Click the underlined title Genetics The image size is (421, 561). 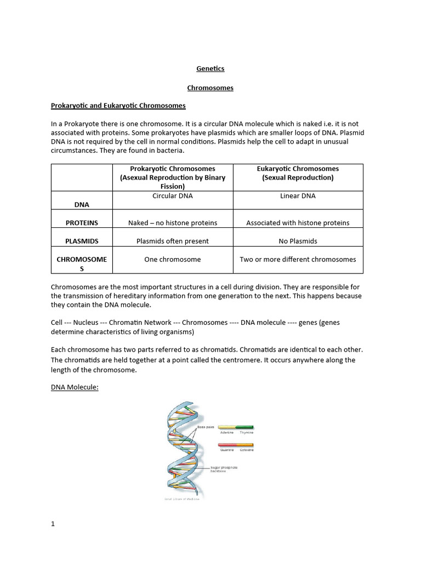tap(210, 68)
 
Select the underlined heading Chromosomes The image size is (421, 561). tap(210, 88)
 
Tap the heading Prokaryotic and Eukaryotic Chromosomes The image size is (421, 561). tap(118, 105)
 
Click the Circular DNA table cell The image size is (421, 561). tap(172, 196)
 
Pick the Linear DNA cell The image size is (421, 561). tap(298, 196)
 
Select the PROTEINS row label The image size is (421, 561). tap(82, 223)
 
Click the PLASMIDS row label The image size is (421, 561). tap(82, 241)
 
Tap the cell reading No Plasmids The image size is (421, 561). tap(298, 241)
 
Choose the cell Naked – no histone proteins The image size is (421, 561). tap(172, 223)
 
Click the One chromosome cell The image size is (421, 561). tap(172, 259)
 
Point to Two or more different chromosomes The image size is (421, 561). tap(298, 259)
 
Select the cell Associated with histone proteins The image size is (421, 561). tap(298, 223)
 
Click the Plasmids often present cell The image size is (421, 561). tap(172, 241)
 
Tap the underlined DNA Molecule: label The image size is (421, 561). tap(75, 387)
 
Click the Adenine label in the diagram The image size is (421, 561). tap(227, 433)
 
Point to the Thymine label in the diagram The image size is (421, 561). tap(246, 433)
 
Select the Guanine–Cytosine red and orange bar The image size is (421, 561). tap(236, 445)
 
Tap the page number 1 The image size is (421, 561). tap(53, 523)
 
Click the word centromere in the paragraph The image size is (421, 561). tap(283, 360)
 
